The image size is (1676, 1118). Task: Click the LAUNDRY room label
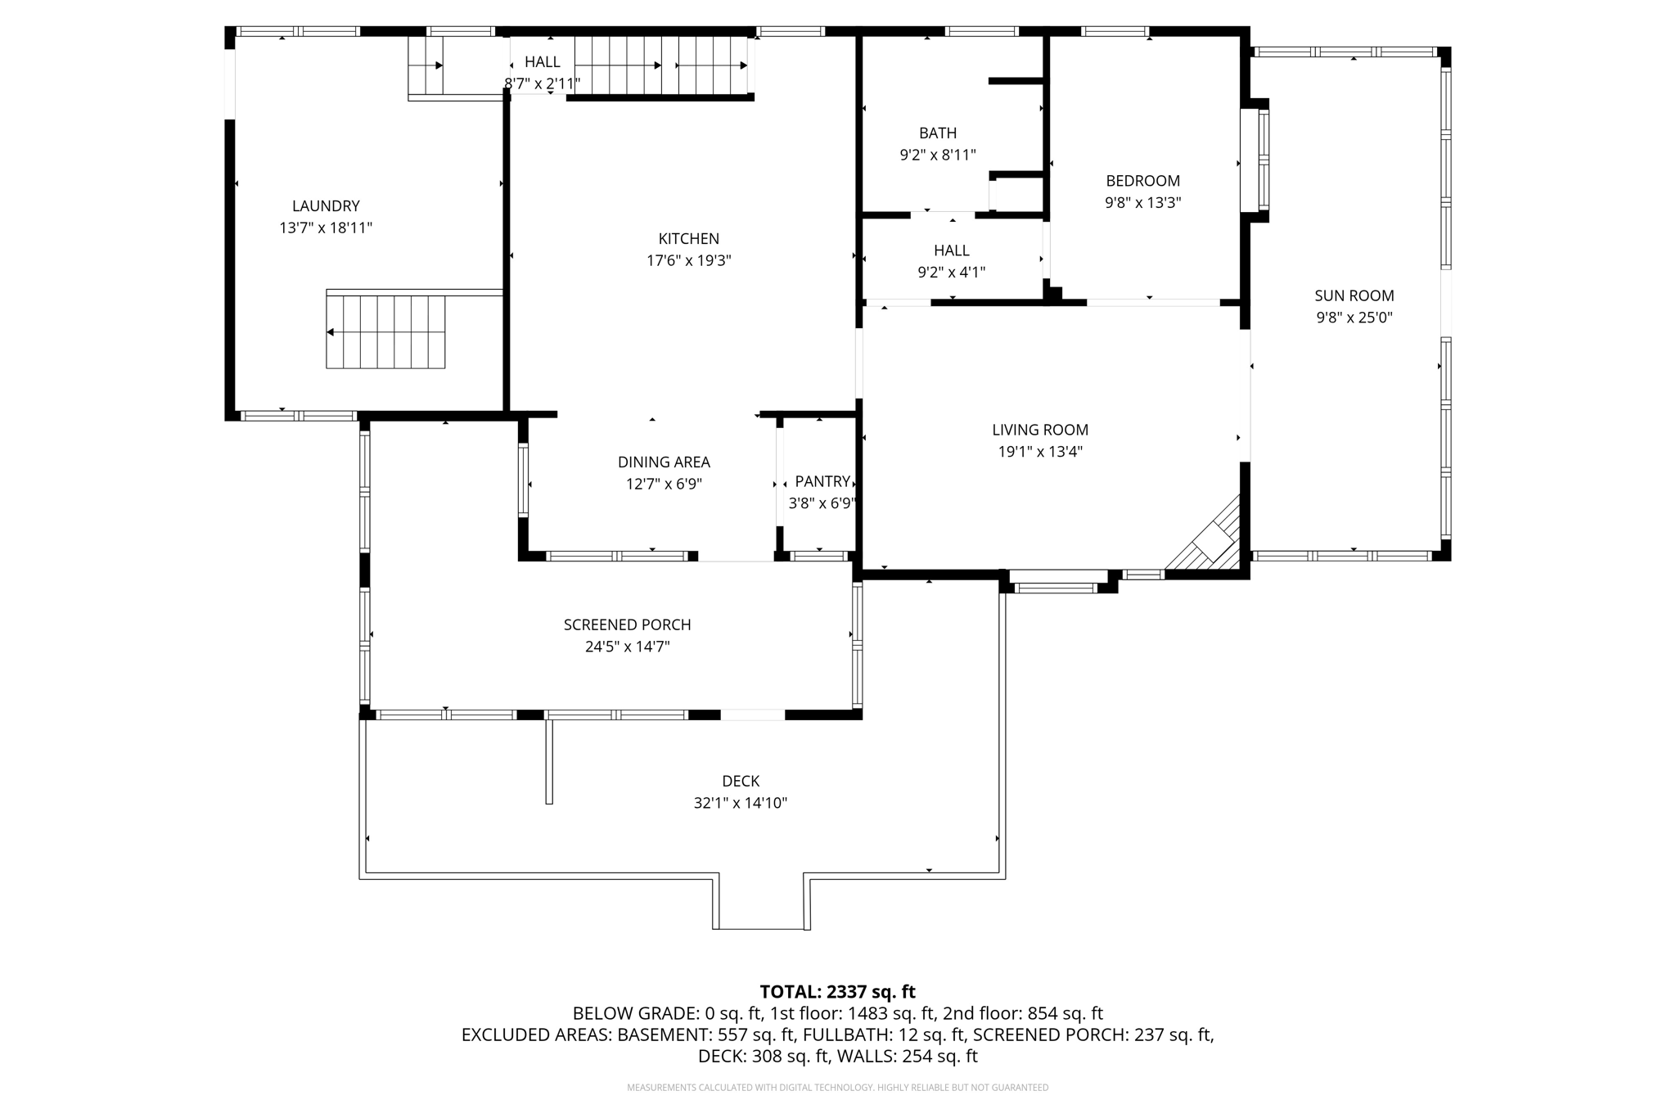326,206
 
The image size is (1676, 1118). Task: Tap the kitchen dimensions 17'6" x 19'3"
688,261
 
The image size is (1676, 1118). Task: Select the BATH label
937,133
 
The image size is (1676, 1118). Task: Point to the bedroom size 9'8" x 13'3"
1142,203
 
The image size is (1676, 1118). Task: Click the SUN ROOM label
1354,295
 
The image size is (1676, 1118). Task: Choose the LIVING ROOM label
1039,430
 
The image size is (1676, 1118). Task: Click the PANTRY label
822,481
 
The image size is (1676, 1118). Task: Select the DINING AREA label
663,462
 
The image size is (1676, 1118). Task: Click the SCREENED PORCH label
627,624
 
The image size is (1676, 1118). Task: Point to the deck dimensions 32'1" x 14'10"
740,803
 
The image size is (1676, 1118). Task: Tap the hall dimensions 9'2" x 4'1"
951,273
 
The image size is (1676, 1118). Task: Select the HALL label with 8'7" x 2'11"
542,62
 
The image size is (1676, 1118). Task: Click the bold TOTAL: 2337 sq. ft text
837,992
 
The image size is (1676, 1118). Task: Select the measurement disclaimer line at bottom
837,1088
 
